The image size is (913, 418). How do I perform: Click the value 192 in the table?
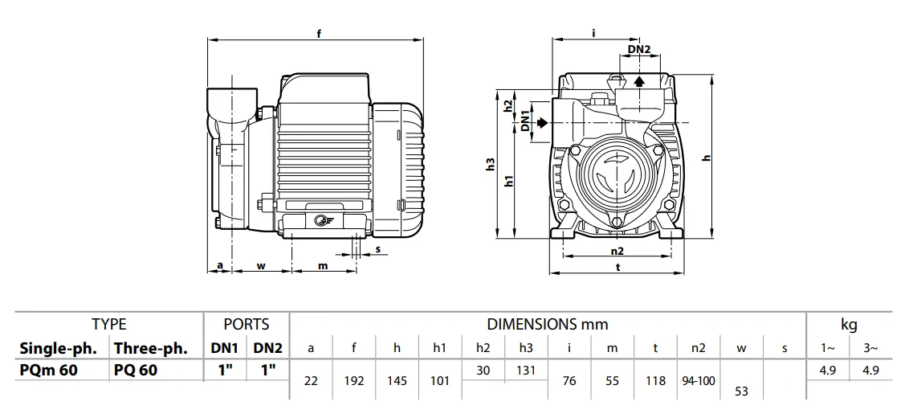(x=354, y=381)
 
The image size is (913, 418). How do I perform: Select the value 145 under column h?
(x=397, y=381)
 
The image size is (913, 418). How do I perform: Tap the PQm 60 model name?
(x=49, y=369)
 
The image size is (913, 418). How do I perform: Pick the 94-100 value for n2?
(x=698, y=381)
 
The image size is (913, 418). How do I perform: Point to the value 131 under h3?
(x=526, y=369)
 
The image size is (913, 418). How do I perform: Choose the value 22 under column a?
(x=311, y=381)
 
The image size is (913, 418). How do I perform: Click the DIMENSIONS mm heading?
(x=547, y=325)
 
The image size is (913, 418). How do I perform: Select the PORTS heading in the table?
(x=247, y=325)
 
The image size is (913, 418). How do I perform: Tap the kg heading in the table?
(x=849, y=325)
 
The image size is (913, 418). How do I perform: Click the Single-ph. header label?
(x=58, y=348)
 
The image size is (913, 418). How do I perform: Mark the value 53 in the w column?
(x=742, y=391)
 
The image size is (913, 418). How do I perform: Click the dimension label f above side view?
(x=319, y=34)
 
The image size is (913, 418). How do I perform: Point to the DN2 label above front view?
(x=639, y=50)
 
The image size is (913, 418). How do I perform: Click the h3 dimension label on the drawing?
(x=491, y=164)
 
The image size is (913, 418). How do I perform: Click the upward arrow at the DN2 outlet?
(x=639, y=81)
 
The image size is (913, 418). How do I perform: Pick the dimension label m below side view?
(x=323, y=265)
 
